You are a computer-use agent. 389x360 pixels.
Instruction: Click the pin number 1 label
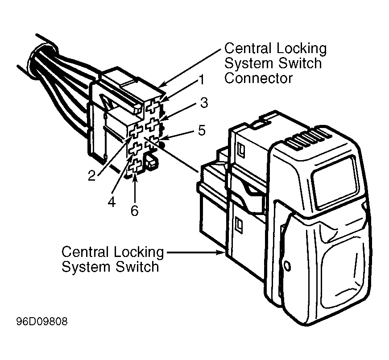[x=202, y=80]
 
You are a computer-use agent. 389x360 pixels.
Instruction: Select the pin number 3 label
[x=204, y=103]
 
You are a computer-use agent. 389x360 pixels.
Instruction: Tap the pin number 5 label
[x=202, y=130]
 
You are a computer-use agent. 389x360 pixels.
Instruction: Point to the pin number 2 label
[x=92, y=176]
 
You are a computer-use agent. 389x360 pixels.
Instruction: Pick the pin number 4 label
[x=112, y=202]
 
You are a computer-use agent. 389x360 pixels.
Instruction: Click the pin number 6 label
[x=134, y=211]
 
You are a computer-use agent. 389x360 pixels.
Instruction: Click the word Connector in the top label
[x=258, y=78]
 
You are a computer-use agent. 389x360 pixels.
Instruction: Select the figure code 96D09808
[x=42, y=322]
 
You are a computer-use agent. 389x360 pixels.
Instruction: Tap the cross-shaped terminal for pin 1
[x=152, y=107]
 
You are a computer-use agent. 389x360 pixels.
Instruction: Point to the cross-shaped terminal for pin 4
[x=135, y=149]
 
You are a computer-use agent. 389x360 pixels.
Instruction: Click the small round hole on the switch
[x=286, y=266]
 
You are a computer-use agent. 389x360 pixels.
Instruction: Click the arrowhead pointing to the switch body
[x=221, y=252]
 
